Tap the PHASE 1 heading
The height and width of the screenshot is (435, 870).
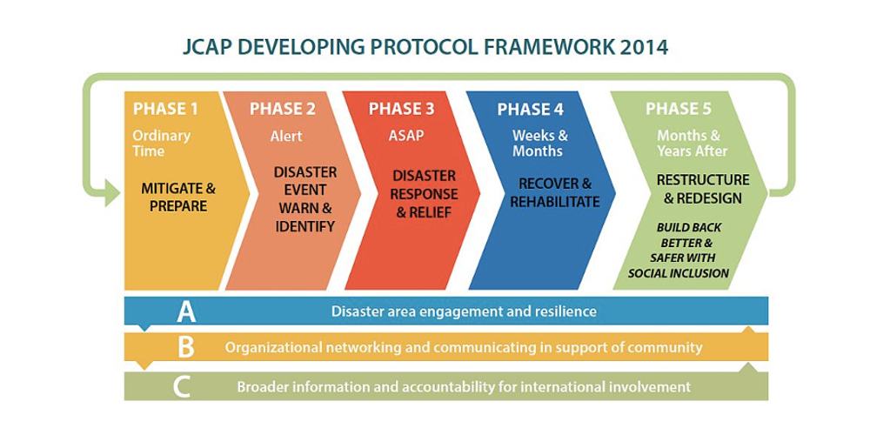click(165, 109)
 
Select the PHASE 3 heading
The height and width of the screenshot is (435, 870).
click(402, 109)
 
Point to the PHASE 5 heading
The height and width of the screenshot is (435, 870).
click(678, 109)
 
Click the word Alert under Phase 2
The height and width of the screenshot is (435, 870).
click(286, 136)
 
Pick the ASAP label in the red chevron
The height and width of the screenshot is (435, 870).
click(405, 136)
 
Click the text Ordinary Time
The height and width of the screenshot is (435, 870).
click(162, 144)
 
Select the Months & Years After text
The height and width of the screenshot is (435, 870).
click(693, 144)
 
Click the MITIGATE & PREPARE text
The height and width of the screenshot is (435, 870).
click(178, 197)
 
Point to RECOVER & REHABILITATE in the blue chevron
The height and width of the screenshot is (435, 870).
click(555, 192)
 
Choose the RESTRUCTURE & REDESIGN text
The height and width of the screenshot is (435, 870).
click(703, 189)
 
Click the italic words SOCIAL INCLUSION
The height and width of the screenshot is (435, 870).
click(678, 273)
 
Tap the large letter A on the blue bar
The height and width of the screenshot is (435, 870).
click(186, 311)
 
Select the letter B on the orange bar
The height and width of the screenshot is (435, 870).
click(186, 348)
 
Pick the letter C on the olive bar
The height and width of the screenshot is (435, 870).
click(182, 387)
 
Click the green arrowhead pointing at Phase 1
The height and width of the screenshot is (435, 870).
click(112, 194)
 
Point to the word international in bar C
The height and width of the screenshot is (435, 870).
click(584, 387)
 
